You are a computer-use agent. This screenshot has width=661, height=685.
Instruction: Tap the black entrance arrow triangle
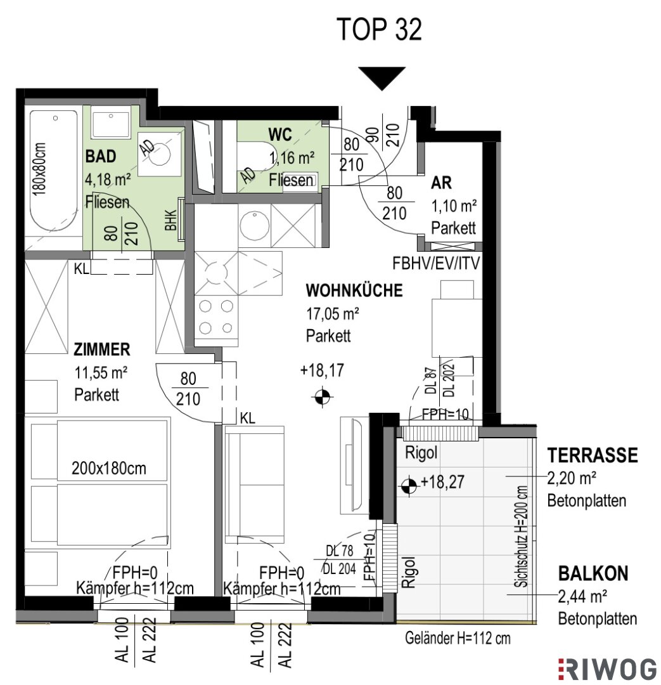pyautogui.click(x=382, y=78)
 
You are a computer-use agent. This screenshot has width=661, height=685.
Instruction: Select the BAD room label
pyautogui.click(x=101, y=156)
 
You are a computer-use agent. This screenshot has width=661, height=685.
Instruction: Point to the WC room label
pyautogui.click(x=280, y=134)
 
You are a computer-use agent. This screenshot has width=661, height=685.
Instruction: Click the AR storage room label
pyautogui.click(x=441, y=183)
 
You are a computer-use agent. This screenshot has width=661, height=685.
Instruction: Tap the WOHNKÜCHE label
pyautogui.click(x=354, y=290)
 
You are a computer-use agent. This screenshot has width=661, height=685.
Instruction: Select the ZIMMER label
pyautogui.click(x=102, y=349)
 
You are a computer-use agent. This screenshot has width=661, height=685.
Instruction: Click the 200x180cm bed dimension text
pyautogui.click(x=109, y=469)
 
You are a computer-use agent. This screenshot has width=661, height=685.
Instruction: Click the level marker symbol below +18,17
pyautogui.click(x=322, y=396)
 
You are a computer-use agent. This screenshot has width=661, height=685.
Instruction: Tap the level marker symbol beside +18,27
pyautogui.click(x=409, y=485)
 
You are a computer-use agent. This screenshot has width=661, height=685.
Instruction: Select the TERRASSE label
pyautogui.click(x=593, y=455)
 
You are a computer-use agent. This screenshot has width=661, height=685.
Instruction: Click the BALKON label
pyautogui.click(x=593, y=573)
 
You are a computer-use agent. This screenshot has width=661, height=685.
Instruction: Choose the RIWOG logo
pyautogui.click(x=607, y=669)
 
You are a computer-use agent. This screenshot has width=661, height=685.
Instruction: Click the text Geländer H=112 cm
pyautogui.click(x=458, y=638)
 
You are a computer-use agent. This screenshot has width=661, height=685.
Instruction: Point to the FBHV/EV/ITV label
pyautogui.click(x=436, y=263)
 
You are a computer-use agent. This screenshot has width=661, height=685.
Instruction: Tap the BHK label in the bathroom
pyautogui.click(x=170, y=220)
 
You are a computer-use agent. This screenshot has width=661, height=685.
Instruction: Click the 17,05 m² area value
pyautogui.click(x=333, y=314)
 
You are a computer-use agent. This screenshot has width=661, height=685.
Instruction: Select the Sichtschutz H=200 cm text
pyautogui.click(x=522, y=537)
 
